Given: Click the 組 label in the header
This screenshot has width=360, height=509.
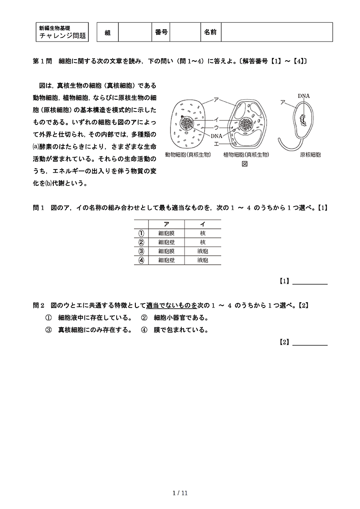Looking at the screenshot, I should [x=108, y=32].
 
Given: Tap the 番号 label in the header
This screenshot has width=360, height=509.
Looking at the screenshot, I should [x=161, y=32].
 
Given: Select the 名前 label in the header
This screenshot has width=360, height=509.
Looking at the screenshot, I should [x=210, y=32].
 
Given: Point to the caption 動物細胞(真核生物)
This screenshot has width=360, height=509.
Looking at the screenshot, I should [x=188, y=155].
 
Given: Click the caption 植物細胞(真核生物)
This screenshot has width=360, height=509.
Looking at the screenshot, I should [x=246, y=155].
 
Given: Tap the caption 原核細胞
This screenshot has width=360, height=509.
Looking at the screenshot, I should [x=310, y=155].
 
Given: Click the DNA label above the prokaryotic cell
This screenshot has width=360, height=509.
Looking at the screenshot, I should [x=303, y=96].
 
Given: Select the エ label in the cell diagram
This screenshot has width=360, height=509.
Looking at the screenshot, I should [x=216, y=143].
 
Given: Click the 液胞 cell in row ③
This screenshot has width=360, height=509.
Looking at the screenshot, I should [x=202, y=251].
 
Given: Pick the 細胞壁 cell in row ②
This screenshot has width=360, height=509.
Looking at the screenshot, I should [x=166, y=242].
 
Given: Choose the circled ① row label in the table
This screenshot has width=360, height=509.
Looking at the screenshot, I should [x=141, y=233].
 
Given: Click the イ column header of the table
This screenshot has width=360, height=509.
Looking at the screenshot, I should [x=202, y=224].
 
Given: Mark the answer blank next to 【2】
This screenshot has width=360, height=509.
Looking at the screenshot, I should [x=309, y=342].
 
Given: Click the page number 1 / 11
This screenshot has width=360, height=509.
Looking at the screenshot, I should [x=180, y=493].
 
